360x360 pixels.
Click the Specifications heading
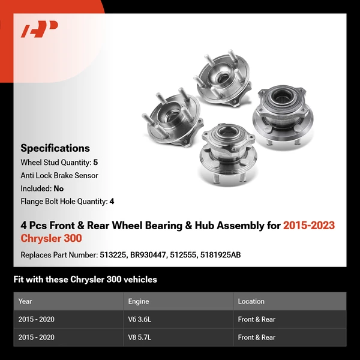tap(55, 148)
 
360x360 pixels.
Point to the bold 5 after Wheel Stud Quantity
tap(95, 163)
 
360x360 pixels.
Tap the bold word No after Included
tap(59, 188)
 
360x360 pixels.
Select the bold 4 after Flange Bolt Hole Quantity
tap(112, 202)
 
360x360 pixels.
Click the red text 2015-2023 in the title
tap(309, 226)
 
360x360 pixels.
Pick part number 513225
tap(112, 254)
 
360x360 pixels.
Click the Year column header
tap(25, 301)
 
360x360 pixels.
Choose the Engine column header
tap(138, 301)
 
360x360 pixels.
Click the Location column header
tap(251, 301)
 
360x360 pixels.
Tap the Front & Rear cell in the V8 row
tap(256, 337)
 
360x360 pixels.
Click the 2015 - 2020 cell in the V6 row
tap(36, 319)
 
